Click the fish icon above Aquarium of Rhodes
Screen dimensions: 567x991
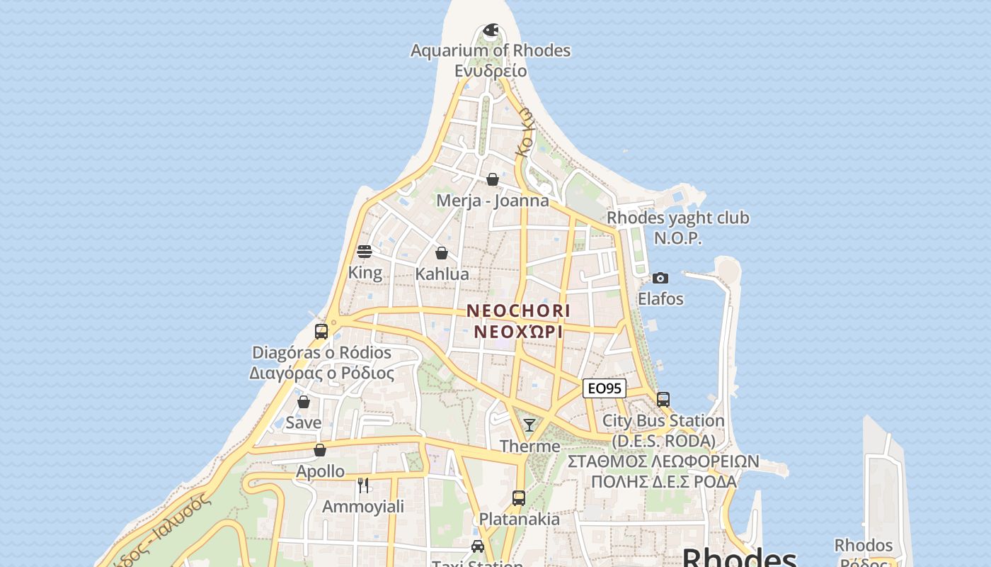(x=491, y=30)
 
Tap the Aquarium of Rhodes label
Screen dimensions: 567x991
(x=491, y=51)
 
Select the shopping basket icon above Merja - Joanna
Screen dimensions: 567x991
(x=493, y=179)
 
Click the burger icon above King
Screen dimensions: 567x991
(x=365, y=251)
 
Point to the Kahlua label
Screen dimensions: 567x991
(x=442, y=274)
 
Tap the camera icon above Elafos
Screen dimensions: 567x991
(x=660, y=278)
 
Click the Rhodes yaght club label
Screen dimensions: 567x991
(x=677, y=218)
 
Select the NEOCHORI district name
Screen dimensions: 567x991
(x=518, y=310)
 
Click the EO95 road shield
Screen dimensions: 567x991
(x=605, y=388)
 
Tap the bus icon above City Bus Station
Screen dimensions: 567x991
(x=663, y=399)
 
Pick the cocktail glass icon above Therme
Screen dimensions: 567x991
(x=529, y=425)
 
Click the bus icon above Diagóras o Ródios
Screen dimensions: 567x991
(x=321, y=331)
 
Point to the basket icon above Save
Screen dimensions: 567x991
(x=304, y=402)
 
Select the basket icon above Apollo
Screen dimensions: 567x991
(x=320, y=450)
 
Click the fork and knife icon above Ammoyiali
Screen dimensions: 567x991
(x=363, y=485)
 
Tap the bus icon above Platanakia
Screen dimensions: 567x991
(x=519, y=498)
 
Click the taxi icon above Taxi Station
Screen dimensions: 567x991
(x=478, y=546)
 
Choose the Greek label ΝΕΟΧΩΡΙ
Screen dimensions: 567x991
(x=518, y=331)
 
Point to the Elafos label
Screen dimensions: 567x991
(x=660, y=298)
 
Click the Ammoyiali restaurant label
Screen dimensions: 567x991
(x=363, y=506)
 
